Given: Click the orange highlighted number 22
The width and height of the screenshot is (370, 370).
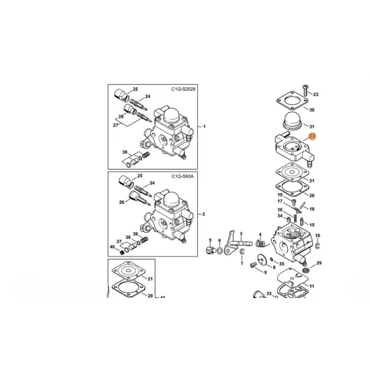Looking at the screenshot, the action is point(312,137).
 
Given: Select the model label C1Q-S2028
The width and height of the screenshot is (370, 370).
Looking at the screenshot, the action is point(183,89).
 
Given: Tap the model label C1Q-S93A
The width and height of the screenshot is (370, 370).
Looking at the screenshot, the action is point(182,176).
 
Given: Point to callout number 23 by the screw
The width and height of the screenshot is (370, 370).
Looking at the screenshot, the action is point(316,94).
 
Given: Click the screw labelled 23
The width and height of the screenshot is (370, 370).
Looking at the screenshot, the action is point(305,90).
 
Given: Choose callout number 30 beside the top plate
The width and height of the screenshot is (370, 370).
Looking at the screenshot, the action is point(311,110).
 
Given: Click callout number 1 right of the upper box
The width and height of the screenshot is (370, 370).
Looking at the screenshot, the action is point(205,126).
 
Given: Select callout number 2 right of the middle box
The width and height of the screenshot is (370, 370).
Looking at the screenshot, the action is point(204,214).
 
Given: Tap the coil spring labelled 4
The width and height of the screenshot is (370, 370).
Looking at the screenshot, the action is point(260,244).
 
